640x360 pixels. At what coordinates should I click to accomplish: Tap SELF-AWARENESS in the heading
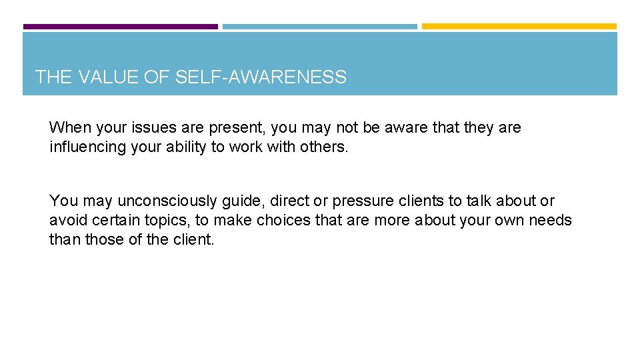coord(261,77)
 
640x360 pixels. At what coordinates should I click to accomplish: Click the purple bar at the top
coord(120,27)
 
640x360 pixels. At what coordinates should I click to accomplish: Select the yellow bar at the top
coord(519,27)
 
